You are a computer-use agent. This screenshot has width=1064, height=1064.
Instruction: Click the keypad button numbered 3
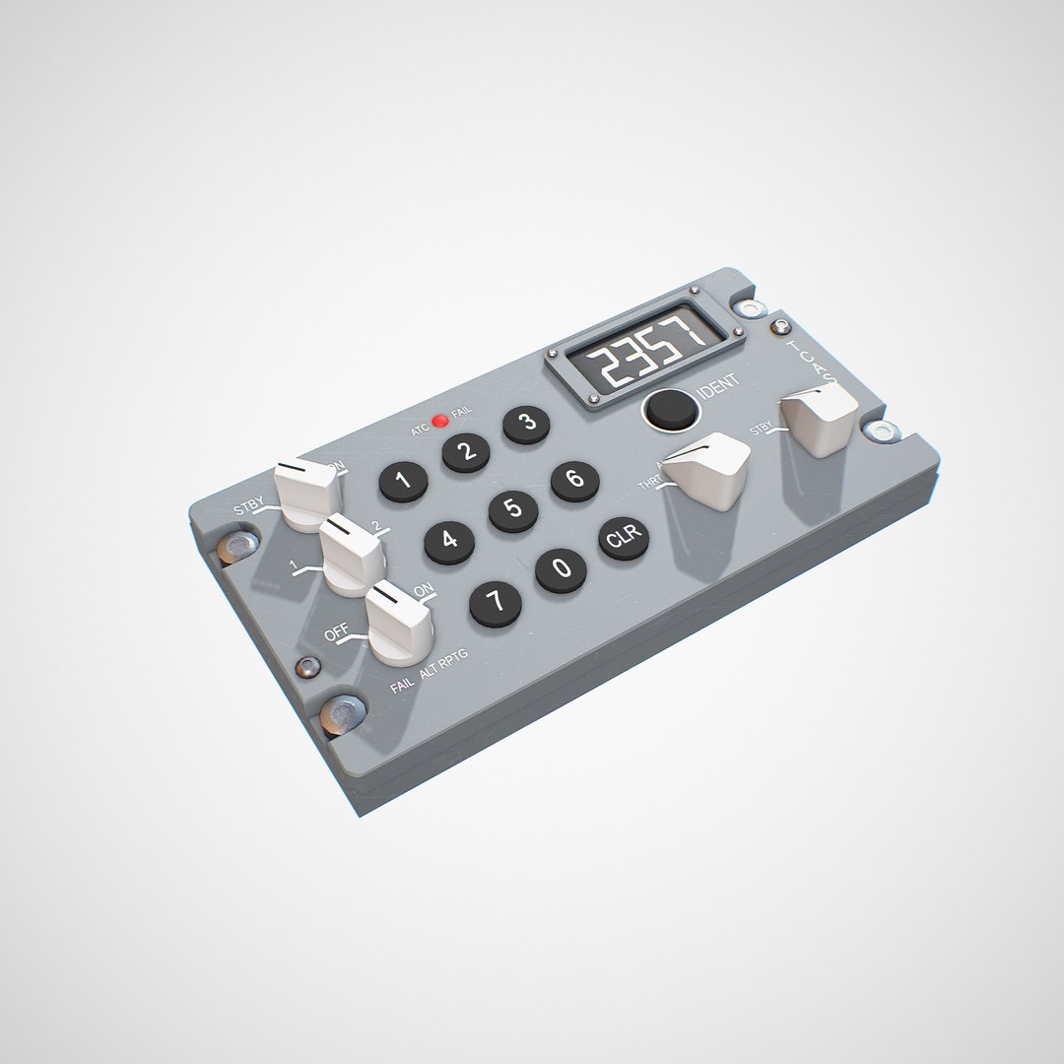click(x=527, y=424)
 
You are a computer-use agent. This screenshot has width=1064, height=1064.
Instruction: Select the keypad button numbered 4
click(x=448, y=540)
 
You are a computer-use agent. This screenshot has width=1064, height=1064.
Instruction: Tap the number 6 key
click(x=574, y=481)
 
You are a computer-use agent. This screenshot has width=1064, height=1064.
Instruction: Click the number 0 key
click(x=561, y=569)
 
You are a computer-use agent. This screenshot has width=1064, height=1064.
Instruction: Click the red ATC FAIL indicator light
click(x=440, y=422)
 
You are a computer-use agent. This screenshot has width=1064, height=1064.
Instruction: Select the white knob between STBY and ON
click(x=306, y=487)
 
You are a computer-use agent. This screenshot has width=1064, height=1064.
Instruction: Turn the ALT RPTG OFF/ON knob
click(x=397, y=620)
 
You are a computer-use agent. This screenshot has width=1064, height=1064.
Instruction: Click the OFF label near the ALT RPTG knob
click(x=336, y=634)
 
